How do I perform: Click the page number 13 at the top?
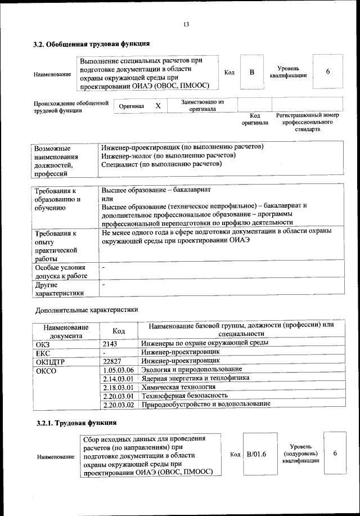point(186,24)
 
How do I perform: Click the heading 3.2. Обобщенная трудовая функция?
point(91,44)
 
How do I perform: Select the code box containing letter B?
point(252,72)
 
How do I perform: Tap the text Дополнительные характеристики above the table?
point(86,309)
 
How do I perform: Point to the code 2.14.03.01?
point(119,379)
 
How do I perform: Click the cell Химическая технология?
point(178,388)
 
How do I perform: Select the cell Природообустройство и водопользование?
point(206,403)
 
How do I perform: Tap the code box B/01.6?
point(256,454)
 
